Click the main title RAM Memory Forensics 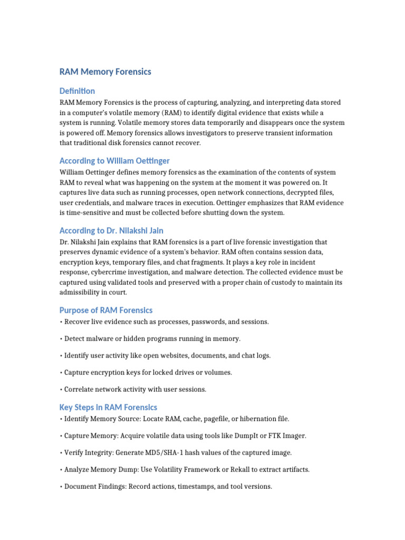(105, 72)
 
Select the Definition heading (77, 91)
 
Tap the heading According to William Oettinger (114, 160)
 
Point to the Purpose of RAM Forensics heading (106, 310)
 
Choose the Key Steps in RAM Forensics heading (108, 407)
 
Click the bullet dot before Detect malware (61, 339)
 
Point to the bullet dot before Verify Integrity (61, 452)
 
